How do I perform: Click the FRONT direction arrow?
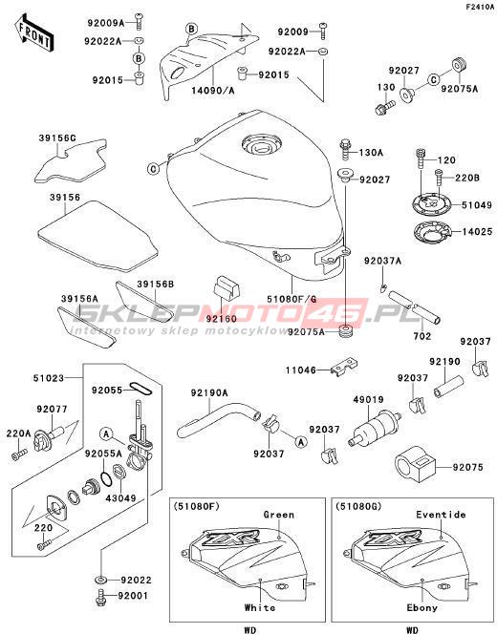tap(34, 33)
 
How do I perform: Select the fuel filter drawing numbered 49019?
tap(375, 429)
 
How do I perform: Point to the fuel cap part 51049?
tap(430, 205)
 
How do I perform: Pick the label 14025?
tap(478, 232)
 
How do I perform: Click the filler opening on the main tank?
tap(262, 145)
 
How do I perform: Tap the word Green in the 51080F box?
tap(278, 515)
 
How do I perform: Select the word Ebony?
tap(422, 607)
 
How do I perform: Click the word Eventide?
tap(441, 515)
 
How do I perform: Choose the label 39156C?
tap(57, 137)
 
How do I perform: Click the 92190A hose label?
tap(209, 392)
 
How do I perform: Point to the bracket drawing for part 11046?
tap(344, 368)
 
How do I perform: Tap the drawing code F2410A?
tap(480, 7)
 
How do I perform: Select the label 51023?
tap(48, 378)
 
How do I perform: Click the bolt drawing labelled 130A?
tap(345, 150)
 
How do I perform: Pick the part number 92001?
tap(133, 596)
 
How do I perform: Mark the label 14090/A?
tap(213, 91)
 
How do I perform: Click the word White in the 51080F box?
tap(260, 607)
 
